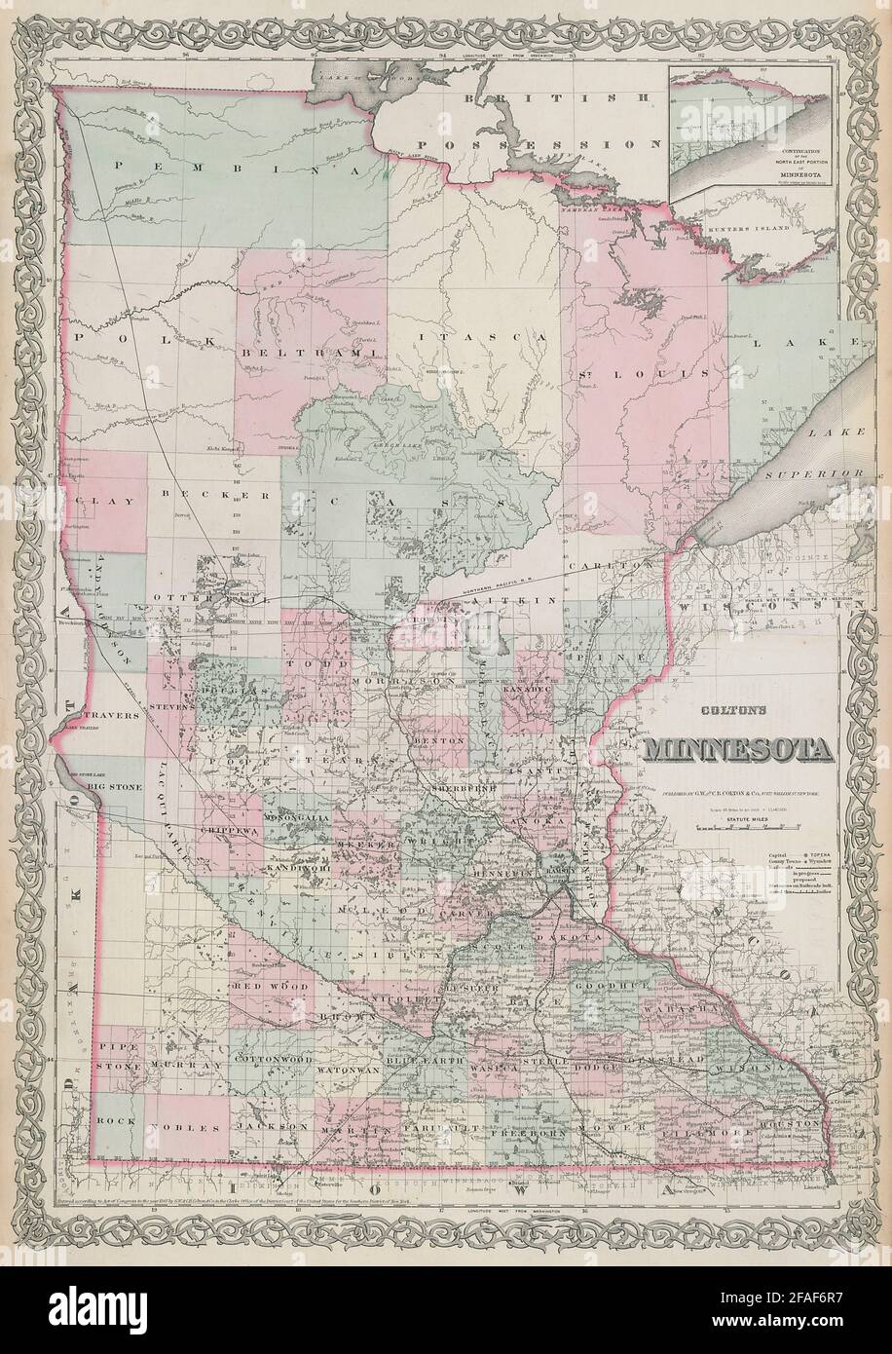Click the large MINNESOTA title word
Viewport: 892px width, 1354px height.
pos(737,751)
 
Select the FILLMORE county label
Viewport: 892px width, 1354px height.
pos(693,1135)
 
